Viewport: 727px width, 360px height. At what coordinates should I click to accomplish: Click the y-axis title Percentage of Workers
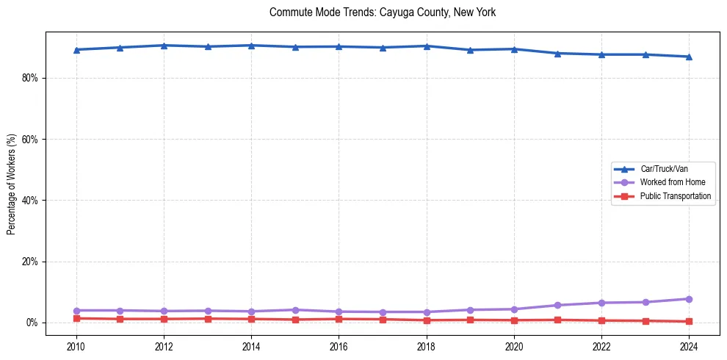pos(11,184)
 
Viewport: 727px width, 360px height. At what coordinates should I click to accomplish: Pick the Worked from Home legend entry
pos(670,182)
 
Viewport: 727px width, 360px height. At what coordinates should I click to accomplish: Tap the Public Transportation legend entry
pos(675,196)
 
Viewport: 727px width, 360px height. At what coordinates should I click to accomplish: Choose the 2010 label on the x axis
pos(76,345)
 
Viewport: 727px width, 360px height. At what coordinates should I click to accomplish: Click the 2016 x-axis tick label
pos(339,345)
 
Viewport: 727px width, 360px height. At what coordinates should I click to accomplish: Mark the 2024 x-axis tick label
pos(689,345)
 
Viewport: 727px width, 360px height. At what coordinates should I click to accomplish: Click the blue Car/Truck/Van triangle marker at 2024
pos(689,57)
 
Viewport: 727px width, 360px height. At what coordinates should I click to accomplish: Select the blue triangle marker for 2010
pos(76,50)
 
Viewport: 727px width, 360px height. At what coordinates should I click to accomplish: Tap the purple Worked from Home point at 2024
pos(689,299)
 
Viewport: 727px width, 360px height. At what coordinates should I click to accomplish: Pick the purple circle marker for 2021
pos(557,305)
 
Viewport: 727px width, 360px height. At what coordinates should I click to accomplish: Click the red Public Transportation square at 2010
pos(76,318)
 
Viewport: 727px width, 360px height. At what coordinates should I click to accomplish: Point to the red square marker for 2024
pos(689,321)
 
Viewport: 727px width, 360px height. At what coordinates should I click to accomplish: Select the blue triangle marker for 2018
pos(427,46)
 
